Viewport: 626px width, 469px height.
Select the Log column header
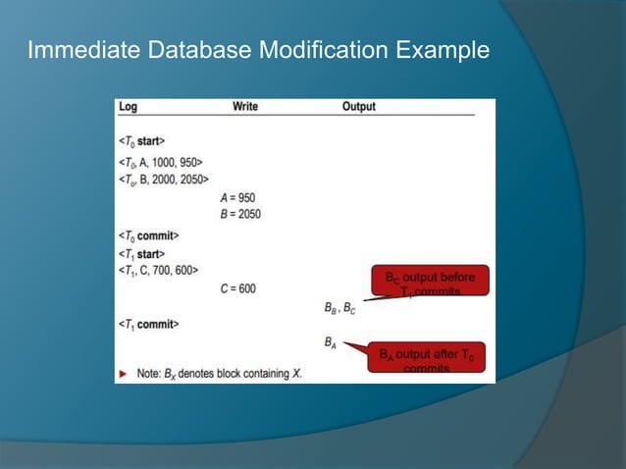click(x=128, y=106)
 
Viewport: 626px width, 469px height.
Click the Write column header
click(x=245, y=106)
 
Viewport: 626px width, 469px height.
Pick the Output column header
click(x=358, y=106)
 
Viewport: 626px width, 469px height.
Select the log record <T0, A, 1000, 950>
click(x=160, y=161)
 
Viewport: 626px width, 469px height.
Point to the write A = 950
click(x=237, y=197)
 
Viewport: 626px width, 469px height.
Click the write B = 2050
click(x=240, y=213)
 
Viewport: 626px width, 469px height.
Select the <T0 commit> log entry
click(x=148, y=235)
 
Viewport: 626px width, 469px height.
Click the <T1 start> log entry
click(x=141, y=254)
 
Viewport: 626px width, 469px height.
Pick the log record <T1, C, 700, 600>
click(x=158, y=270)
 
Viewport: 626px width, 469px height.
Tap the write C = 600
click(x=237, y=288)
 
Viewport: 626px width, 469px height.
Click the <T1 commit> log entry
click(x=148, y=324)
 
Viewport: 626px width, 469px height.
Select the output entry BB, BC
click(x=339, y=307)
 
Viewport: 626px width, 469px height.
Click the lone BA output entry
click(x=330, y=343)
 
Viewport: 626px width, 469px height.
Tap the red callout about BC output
click(x=428, y=283)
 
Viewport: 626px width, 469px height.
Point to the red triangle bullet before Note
click(x=123, y=374)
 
